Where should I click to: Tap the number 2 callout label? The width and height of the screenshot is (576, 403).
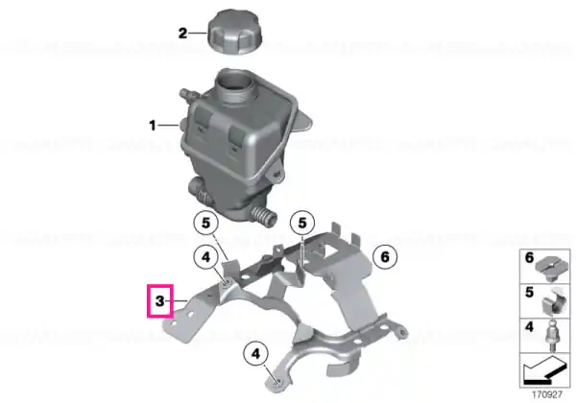pyautogui.click(x=182, y=34)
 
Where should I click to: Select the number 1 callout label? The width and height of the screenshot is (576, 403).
pyautogui.click(x=153, y=126)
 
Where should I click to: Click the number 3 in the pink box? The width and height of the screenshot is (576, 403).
pyautogui.click(x=159, y=301)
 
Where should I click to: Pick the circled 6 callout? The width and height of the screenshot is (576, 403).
pyautogui.click(x=385, y=256)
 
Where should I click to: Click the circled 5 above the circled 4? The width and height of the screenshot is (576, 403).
pyautogui.click(x=205, y=223)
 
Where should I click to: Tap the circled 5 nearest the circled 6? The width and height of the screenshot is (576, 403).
pyautogui.click(x=302, y=223)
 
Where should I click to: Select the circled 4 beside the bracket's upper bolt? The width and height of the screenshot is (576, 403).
pyautogui.click(x=206, y=257)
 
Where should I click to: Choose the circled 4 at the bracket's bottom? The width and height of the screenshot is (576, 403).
pyautogui.click(x=255, y=353)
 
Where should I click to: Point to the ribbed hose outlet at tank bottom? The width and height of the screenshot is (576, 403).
pyautogui.click(x=262, y=216)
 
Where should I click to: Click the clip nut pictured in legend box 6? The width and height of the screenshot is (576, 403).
pyautogui.click(x=551, y=267)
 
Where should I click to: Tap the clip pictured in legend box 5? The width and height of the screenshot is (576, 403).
pyautogui.click(x=552, y=303)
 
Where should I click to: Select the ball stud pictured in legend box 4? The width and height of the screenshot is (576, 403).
pyautogui.click(x=551, y=335)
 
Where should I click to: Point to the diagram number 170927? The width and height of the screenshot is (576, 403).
pyautogui.click(x=547, y=395)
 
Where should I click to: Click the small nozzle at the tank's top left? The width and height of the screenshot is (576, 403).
pyautogui.click(x=188, y=94)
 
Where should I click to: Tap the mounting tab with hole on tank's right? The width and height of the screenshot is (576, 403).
pyautogui.click(x=276, y=175)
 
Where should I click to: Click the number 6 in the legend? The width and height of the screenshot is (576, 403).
pyautogui.click(x=529, y=258)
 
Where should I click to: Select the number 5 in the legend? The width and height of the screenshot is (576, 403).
pyautogui.click(x=529, y=292)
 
